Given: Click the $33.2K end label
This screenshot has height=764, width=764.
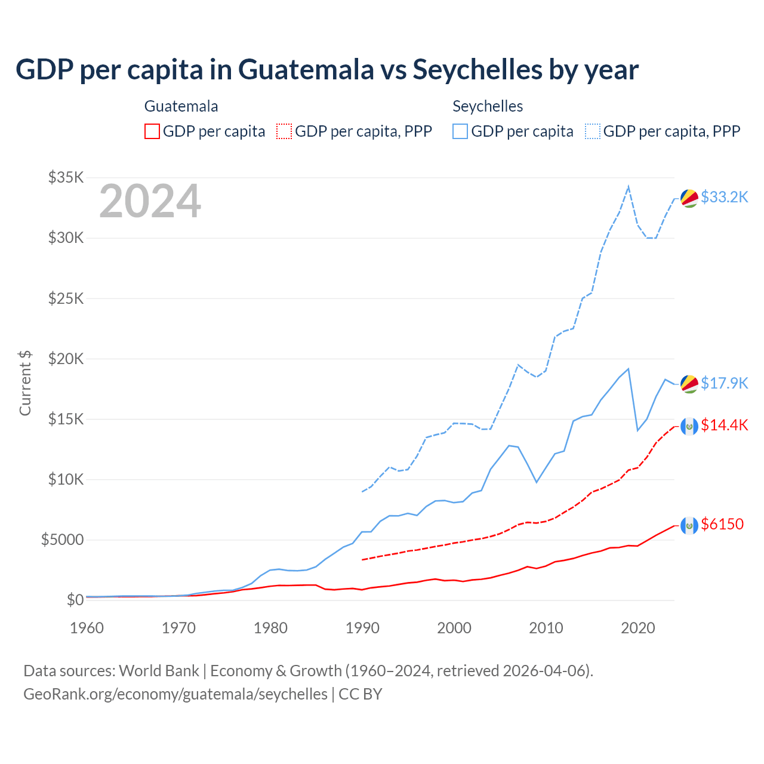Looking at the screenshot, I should coord(724,197).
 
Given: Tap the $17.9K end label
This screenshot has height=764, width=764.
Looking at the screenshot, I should coord(724,383).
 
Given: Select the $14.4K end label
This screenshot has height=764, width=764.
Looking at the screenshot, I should coord(724,425).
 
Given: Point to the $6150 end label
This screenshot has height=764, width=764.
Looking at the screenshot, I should coord(722,524).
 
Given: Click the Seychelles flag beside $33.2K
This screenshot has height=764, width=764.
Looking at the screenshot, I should coord(689,198).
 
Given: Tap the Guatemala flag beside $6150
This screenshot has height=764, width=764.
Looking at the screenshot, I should coord(689,525).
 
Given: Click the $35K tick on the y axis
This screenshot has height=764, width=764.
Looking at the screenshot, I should coord(66,177).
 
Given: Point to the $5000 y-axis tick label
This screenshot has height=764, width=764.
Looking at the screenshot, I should coord(62,540).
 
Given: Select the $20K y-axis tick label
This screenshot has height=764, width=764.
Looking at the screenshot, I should coord(66,359).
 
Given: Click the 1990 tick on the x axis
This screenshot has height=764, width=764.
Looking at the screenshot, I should coord(362,628).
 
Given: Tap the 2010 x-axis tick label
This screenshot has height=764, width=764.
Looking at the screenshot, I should coord(546,628).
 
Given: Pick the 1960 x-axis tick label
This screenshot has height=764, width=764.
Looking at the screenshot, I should coord(87,628).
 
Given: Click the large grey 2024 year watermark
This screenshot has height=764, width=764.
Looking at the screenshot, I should coord(150,202).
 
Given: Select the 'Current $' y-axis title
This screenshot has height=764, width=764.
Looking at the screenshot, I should coord(25,383).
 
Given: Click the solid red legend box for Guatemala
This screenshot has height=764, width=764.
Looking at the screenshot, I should coord(152,131).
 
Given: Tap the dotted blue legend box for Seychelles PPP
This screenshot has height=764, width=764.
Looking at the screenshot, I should coord(593,131).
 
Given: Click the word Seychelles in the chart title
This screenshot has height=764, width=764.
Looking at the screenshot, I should coord(477,69).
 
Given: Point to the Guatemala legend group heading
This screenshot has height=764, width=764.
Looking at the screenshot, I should coord(181,106).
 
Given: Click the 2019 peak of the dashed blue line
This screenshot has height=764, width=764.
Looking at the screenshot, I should coord(628,187).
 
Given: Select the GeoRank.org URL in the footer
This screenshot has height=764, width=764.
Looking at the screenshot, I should coord(175,694).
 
